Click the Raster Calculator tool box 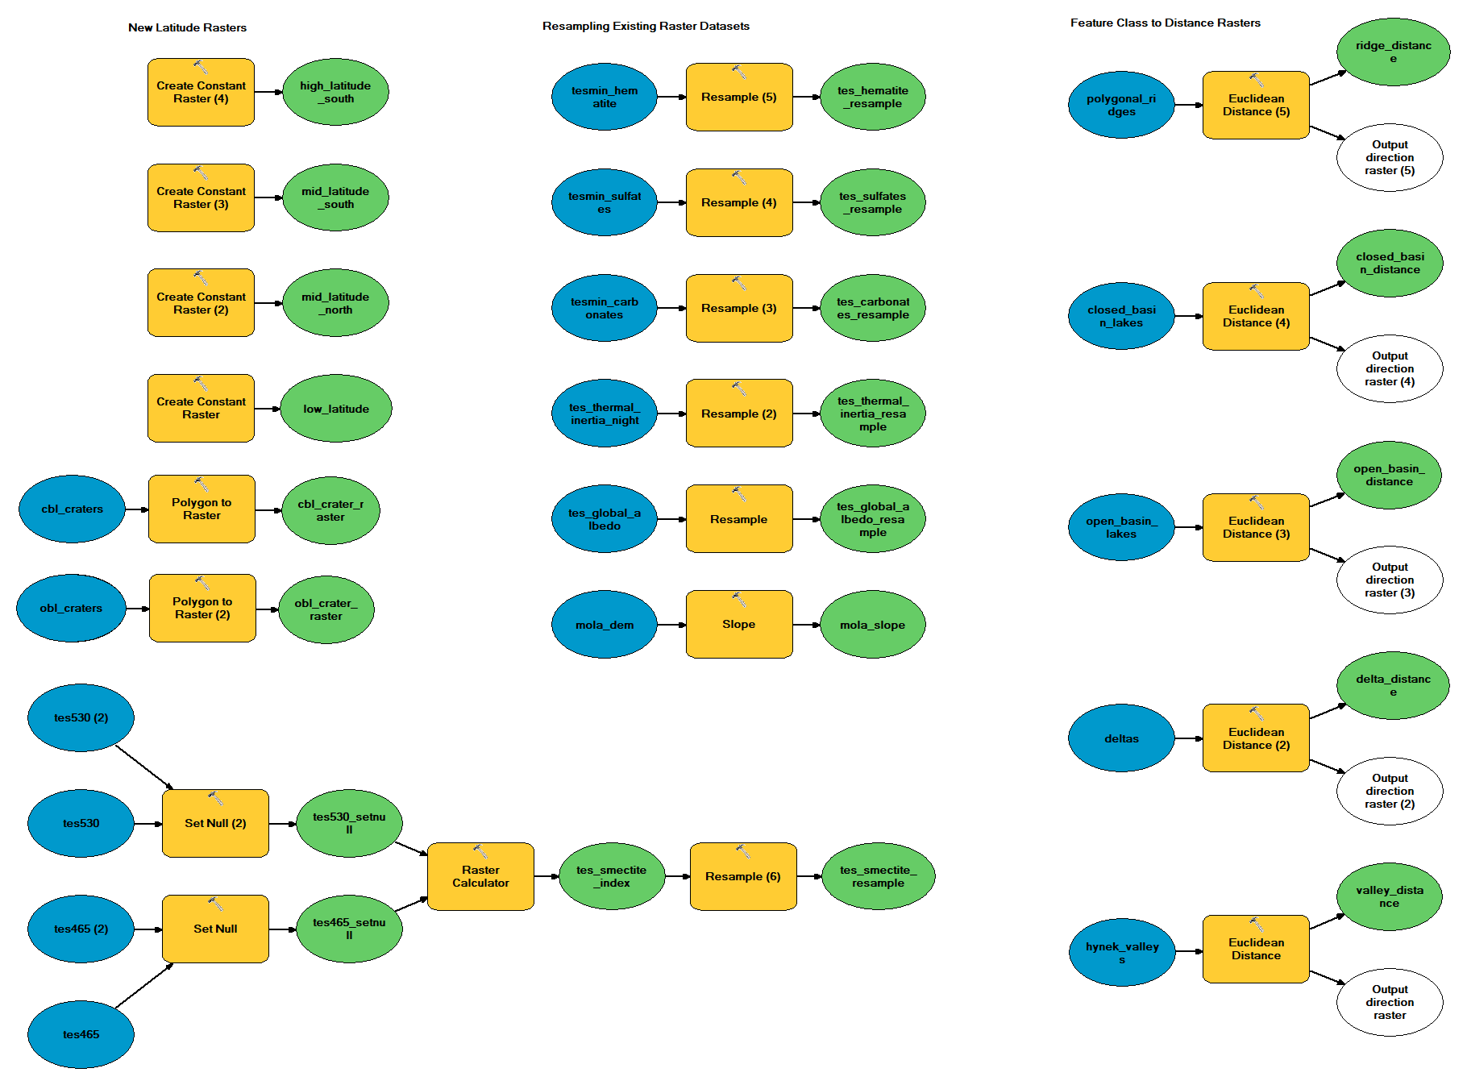click(480, 876)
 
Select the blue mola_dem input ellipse click(605, 625)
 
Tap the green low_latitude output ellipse click(336, 409)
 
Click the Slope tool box click(738, 625)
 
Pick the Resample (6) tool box click(742, 876)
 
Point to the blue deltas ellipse click(1121, 738)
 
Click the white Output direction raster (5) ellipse click(1390, 158)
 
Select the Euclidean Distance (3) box click(1256, 527)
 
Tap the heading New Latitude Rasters click(187, 27)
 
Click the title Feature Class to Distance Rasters click(1165, 23)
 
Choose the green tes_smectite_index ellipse click(611, 876)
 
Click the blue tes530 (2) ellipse click(81, 717)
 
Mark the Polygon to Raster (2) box click(202, 608)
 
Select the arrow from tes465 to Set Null click(143, 986)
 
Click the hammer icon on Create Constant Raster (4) click(201, 68)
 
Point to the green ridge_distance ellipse click(1393, 52)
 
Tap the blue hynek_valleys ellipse click(1121, 953)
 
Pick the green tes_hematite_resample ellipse click(872, 97)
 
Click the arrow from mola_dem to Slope click(671, 625)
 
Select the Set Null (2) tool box click(215, 823)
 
